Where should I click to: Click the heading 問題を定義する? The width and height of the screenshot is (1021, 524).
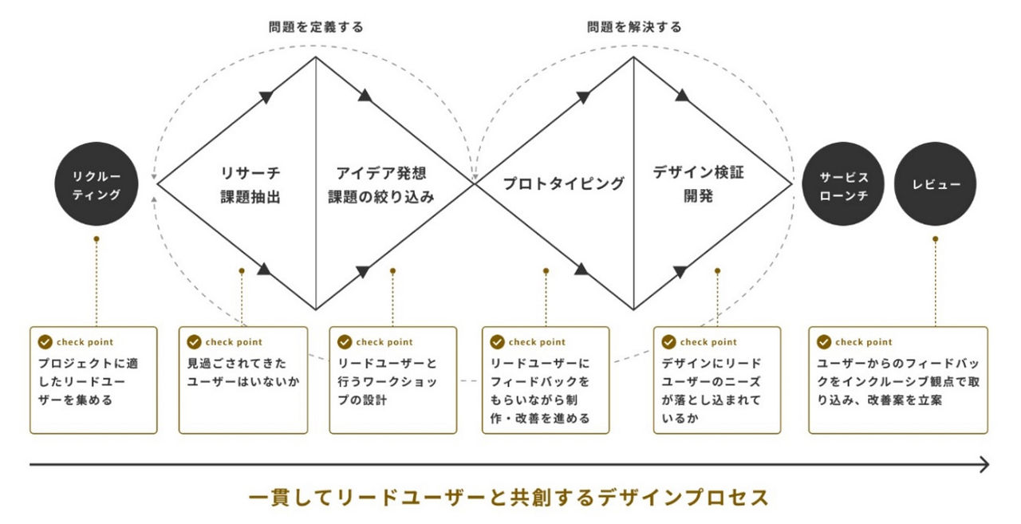316,27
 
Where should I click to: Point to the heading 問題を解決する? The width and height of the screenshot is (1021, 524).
634,27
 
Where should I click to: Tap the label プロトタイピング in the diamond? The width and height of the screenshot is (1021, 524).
563,184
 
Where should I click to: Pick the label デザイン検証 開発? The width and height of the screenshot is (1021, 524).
698,184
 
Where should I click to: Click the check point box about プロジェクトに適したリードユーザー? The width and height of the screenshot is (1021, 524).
93,380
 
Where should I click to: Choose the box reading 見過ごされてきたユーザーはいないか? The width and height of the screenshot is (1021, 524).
243,380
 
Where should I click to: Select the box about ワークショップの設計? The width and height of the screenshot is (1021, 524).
393,380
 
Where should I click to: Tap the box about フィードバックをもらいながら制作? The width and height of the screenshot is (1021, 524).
546,380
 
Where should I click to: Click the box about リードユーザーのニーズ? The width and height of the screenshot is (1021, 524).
716,380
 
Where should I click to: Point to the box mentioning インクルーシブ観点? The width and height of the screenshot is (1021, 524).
898,380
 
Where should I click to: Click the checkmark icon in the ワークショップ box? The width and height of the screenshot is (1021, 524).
345,342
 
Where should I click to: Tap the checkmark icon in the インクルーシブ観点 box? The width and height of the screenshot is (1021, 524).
824,342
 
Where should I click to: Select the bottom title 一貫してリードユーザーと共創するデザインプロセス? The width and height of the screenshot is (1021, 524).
509,498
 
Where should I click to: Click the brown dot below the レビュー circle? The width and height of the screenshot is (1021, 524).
936,238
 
